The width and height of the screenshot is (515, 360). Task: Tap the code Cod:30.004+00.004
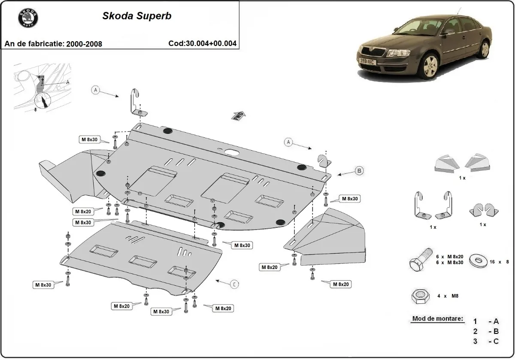[x=203, y=43]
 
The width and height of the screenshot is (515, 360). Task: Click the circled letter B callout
[x=360, y=171]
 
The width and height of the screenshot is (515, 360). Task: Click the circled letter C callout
[x=235, y=284]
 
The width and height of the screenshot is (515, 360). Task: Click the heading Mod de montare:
[x=437, y=319]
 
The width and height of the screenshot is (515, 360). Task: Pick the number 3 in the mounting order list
[x=475, y=342]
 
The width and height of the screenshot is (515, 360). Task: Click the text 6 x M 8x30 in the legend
[x=449, y=262]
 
